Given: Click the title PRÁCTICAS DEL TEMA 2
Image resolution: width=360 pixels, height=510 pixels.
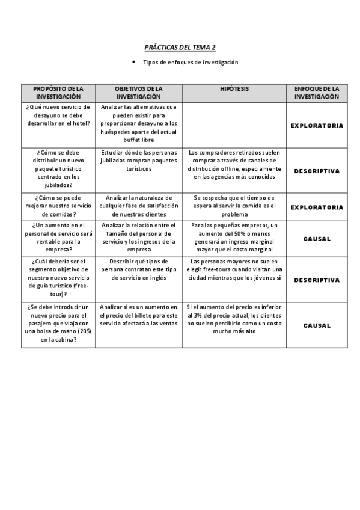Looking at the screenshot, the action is point(180,47).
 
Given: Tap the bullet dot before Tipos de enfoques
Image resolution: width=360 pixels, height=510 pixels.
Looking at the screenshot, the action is point(133,62).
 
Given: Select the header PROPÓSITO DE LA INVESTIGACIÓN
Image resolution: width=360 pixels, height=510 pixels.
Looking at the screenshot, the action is point(58,93).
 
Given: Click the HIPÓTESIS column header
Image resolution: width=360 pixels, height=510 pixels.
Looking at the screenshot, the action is point(234,89).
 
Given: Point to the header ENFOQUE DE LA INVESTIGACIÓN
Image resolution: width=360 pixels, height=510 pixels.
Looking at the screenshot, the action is point(317,93).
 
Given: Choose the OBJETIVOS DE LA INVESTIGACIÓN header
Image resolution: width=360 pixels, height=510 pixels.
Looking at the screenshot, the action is point(138,93).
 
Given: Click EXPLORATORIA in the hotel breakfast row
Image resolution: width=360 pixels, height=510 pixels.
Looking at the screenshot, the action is point(317,126).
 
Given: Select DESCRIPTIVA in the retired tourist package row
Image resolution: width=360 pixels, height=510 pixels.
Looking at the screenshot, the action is point(317,171).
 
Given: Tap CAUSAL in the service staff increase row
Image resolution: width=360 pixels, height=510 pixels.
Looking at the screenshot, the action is point(317,239).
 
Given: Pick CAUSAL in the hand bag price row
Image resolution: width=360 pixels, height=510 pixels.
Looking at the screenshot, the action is point(317,325).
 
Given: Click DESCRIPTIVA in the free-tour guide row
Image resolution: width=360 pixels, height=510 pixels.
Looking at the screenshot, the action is point(317,280).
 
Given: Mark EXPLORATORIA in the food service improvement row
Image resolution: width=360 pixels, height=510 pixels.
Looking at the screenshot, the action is point(317,207).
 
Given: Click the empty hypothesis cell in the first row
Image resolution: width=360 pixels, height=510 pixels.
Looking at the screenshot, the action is point(234,124).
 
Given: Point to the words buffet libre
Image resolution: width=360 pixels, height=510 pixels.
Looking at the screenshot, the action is point(139,140).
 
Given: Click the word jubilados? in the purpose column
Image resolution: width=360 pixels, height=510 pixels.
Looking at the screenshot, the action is point(58,185).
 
